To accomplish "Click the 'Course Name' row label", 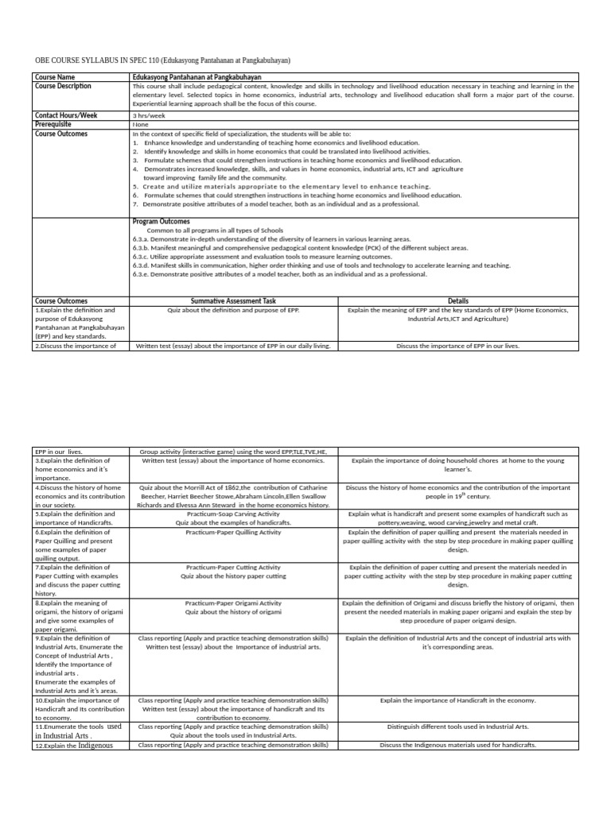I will (x=54, y=77).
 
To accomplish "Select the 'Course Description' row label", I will (x=63, y=86).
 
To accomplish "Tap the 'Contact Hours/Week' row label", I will (x=66, y=115).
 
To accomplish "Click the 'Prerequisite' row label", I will (x=53, y=125).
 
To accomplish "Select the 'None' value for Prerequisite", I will (x=140, y=125).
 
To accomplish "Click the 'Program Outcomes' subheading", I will (x=161, y=221).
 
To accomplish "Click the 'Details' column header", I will (x=457, y=300).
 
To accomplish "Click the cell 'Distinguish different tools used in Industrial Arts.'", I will (x=457, y=727).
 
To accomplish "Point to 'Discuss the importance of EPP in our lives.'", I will (x=457, y=346).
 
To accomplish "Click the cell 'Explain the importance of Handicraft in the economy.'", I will (x=457, y=700).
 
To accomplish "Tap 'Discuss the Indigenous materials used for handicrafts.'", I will (x=457, y=745).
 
